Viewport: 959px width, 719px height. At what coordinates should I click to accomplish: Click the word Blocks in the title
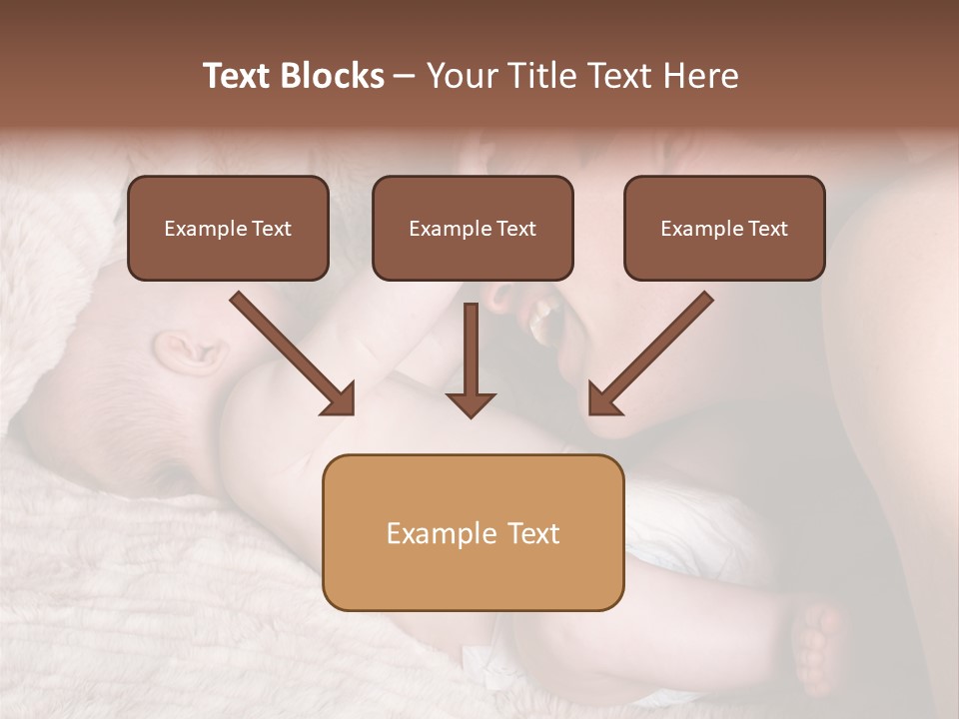pyautogui.click(x=335, y=76)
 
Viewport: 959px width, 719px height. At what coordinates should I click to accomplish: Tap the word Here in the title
pyautogui.click(x=698, y=76)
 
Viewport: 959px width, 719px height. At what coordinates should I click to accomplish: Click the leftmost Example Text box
pyautogui.click(x=228, y=228)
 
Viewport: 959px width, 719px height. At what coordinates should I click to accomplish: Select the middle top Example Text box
pyautogui.click(x=473, y=228)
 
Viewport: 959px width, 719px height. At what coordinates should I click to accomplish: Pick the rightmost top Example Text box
pyautogui.click(x=724, y=228)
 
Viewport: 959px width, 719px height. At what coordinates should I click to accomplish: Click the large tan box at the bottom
pyautogui.click(x=473, y=532)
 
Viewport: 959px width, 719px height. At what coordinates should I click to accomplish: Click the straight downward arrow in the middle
pyautogui.click(x=471, y=359)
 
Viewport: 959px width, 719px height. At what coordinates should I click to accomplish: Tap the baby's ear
pyautogui.click(x=186, y=351)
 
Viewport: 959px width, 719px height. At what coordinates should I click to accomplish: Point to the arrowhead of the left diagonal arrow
pyautogui.click(x=340, y=399)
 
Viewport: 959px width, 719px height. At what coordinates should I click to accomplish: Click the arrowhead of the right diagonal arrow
pyautogui.click(x=602, y=399)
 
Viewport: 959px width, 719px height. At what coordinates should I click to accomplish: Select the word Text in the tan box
pyautogui.click(x=532, y=533)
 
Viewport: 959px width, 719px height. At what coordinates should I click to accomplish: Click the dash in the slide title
pyautogui.click(x=405, y=76)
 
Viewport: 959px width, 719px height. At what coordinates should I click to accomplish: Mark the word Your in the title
pyautogui.click(x=456, y=76)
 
